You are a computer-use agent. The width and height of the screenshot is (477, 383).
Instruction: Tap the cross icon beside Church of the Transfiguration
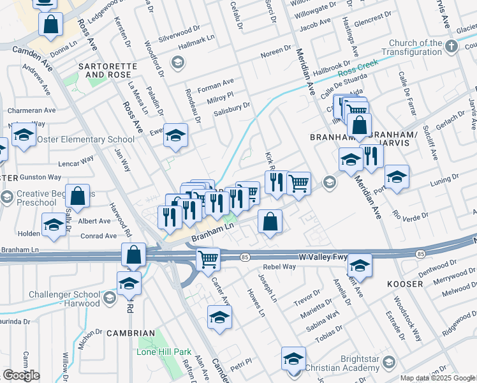451,46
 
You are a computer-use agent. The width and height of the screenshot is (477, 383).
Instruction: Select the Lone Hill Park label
164,352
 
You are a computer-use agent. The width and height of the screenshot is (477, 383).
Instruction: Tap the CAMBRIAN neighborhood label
131,333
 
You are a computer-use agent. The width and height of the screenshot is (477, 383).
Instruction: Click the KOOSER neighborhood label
404,283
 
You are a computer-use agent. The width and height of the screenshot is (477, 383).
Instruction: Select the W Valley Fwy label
323,257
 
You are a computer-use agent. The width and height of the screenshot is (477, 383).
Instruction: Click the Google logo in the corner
21,375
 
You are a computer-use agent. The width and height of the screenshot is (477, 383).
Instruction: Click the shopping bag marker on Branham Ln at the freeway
135,254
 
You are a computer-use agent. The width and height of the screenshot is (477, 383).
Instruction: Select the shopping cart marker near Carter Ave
208,259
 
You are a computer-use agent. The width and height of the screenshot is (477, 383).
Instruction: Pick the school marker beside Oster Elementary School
24,135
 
